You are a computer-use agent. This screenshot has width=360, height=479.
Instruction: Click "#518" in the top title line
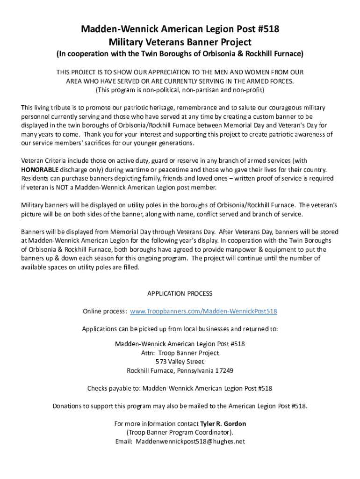click(267, 29)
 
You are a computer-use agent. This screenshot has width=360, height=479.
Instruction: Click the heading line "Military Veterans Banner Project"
click(180, 42)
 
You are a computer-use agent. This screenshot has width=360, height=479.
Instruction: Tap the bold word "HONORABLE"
click(40, 169)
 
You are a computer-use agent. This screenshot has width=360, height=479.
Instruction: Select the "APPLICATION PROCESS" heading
click(180, 294)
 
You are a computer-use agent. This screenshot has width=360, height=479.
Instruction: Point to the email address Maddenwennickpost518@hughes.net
click(190, 442)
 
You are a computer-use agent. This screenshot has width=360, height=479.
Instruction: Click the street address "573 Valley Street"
click(180, 362)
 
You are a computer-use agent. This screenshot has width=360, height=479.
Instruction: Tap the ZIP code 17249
click(224, 370)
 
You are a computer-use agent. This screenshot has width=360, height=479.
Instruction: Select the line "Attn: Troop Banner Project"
click(180, 353)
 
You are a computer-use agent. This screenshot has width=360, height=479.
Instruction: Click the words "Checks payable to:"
click(114, 388)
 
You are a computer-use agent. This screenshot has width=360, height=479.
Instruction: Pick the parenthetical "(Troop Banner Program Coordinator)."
click(180, 433)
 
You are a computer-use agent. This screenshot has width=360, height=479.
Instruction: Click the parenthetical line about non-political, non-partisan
click(180, 89)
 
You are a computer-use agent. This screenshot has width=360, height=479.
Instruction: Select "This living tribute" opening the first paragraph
click(47, 108)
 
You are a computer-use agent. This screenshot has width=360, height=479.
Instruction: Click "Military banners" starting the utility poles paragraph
click(45, 205)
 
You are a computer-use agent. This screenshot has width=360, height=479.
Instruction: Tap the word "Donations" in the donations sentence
click(67, 406)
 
